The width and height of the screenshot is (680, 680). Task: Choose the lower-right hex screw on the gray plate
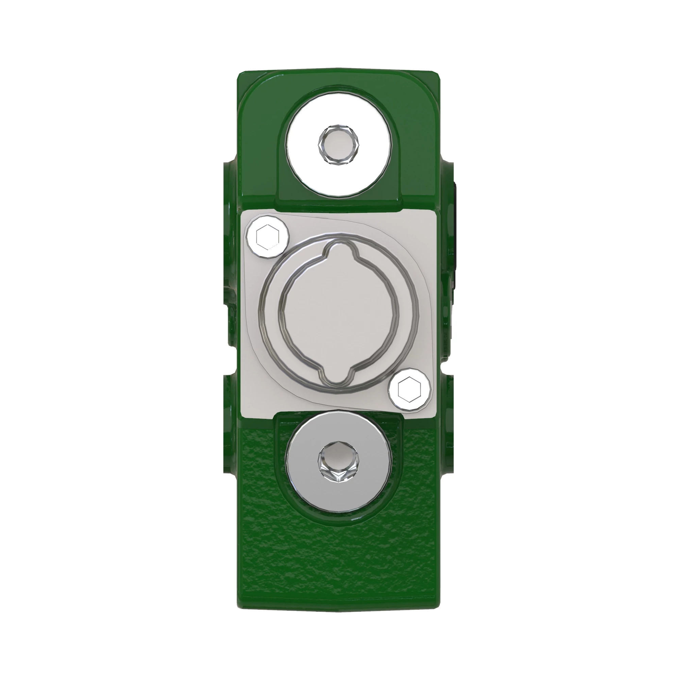click(x=410, y=390)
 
